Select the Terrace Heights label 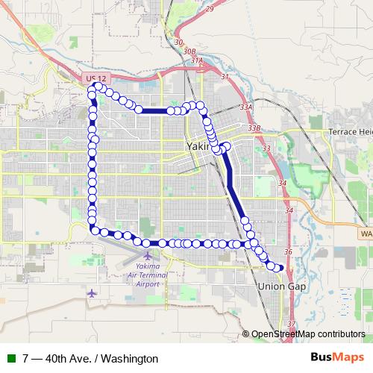pyautogui.click(x=350, y=132)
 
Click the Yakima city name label pyautogui.click(x=198, y=147)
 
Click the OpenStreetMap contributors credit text pyautogui.click(x=308, y=335)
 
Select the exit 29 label pyautogui.click(x=210, y=8)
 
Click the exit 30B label pyautogui.click(x=178, y=43)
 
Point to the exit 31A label pyautogui.click(x=196, y=60)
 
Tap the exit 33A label pyautogui.click(x=246, y=107)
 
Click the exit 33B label pyautogui.click(x=254, y=128)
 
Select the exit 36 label pyautogui.click(x=288, y=252)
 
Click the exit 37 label pyautogui.click(x=292, y=324)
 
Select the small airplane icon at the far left pyautogui.click(x=93, y=292)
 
